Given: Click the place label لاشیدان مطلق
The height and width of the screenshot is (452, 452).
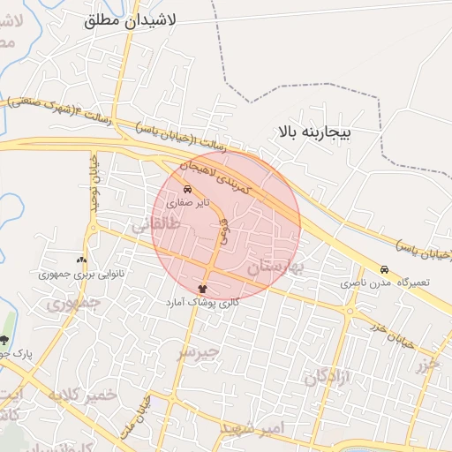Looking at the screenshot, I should pyautogui.click(x=131, y=20).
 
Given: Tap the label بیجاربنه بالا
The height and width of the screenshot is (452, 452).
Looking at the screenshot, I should pyautogui.click(x=314, y=132).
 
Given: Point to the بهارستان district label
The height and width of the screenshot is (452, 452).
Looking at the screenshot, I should pyautogui.click(x=274, y=265).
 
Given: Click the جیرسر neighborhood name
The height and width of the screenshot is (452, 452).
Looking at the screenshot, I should pyautogui.click(x=196, y=353).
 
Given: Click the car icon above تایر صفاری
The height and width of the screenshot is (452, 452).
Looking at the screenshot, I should pyautogui.click(x=187, y=189).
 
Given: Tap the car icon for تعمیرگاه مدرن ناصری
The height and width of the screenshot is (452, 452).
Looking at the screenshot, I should pyautogui.click(x=384, y=269).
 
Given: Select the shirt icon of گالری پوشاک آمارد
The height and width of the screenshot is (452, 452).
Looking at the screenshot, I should pyautogui.click(x=203, y=289).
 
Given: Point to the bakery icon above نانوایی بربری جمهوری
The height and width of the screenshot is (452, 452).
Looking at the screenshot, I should pyautogui.click(x=81, y=260).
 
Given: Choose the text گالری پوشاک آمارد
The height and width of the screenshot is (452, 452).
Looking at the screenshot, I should pyautogui.click(x=202, y=302).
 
